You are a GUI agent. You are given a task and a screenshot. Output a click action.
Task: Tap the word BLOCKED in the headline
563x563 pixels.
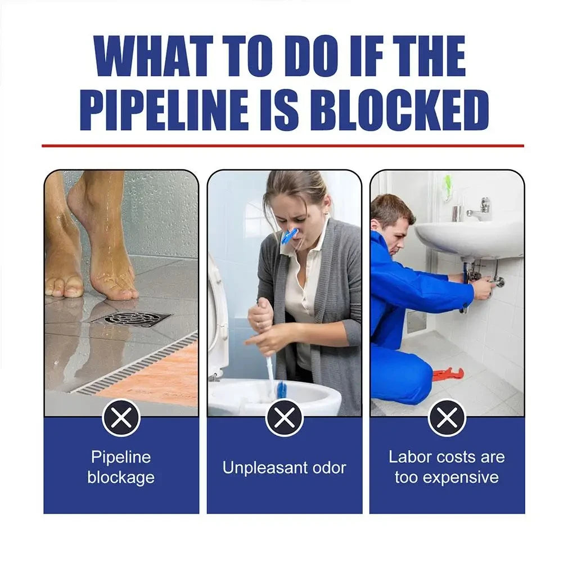coord(398,111)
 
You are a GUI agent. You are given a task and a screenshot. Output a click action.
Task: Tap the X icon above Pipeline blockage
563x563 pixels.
coord(121,417)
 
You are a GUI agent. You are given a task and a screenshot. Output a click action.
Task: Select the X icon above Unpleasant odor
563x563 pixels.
coord(284,418)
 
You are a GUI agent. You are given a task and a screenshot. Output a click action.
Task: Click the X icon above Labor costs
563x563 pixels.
coord(447,418)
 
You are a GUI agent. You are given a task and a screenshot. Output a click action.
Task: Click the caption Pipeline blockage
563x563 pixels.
coord(121,467)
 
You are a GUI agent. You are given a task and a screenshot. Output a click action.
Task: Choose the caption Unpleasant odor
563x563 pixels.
coord(284,467)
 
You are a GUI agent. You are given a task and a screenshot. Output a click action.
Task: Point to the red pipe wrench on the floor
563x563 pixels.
coord(448,373)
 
